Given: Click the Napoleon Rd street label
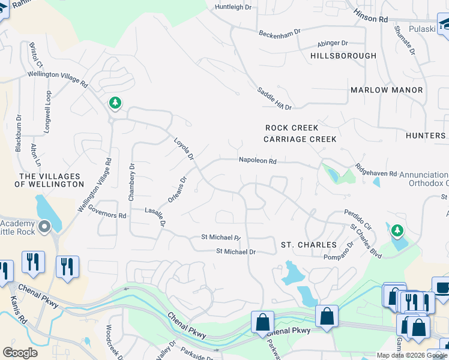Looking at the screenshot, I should click(x=258, y=161).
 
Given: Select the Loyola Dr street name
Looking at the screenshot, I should click(x=184, y=148).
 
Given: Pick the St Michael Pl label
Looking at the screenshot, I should click(x=220, y=238).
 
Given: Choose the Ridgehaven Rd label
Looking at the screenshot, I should click(x=376, y=170).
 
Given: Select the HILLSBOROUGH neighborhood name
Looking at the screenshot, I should click(x=343, y=56).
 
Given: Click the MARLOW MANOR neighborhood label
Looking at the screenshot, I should click(x=387, y=90).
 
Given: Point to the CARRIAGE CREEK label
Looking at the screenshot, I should click(x=300, y=139).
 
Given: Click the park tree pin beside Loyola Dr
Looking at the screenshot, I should click(x=115, y=104).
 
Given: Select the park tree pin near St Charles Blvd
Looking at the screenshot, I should click(x=396, y=230).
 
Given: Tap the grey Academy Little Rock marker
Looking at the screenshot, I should click(x=44, y=227).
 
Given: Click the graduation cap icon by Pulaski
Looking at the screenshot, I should click(x=445, y=24).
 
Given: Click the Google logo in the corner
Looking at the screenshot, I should click(x=20, y=353).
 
